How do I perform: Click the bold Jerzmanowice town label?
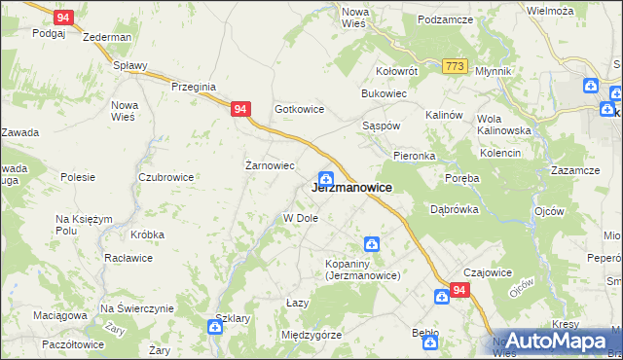pyautogui.click(x=351, y=188)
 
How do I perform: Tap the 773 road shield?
pyautogui.click(x=454, y=66)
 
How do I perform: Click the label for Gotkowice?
pyautogui.click(x=299, y=109)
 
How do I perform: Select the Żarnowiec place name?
pyautogui.click(x=269, y=165)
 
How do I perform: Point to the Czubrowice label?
pyautogui.click(x=165, y=177)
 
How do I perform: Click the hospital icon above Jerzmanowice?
pyautogui.click(x=327, y=178)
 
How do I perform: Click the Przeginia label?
pyautogui.click(x=193, y=87)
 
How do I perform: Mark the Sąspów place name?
pyautogui.click(x=382, y=127)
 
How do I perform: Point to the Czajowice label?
pyautogui.click(x=488, y=273)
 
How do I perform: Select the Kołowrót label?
pyautogui.click(x=396, y=71)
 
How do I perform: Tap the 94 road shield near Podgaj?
pyautogui.click(x=63, y=18)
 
